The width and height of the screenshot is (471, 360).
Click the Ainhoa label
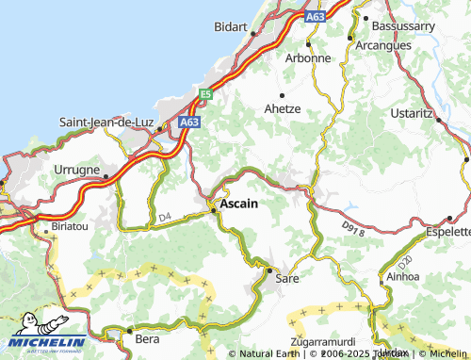coord(405,278)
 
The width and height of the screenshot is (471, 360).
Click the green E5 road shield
coord(205,93)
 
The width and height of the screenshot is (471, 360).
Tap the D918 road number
coord(353,229)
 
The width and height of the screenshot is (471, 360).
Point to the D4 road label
coord(165,218)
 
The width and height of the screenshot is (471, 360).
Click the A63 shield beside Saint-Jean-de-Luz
coord(189,122)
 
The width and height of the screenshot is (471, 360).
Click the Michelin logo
coord(49,336)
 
